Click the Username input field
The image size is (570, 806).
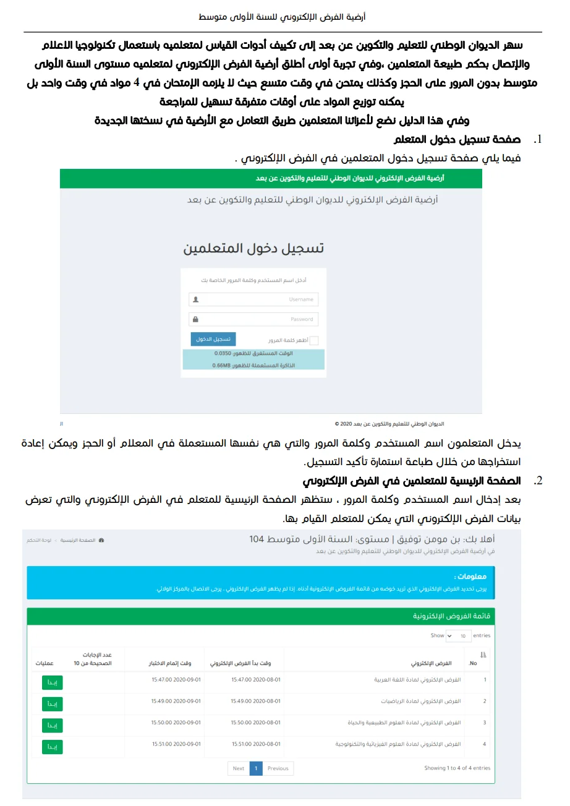pyautogui.click(x=253, y=299)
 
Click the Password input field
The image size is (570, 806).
pyautogui.click(x=253, y=319)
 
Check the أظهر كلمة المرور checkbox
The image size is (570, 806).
pyautogui.click(x=313, y=340)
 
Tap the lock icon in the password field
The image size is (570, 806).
pyautogui.click(x=196, y=319)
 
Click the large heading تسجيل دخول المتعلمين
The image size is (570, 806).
pyautogui.click(x=253, y=249)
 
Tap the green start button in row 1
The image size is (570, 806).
pyautogui.click(x=53, y=682)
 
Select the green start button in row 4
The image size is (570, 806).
pyautogui.click(x=53, y=747)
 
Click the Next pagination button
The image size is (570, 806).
pyautogui.click(x=239, y=768)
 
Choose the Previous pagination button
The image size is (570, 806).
pyautogui.click(x=278, y=768)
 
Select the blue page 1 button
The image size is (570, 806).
pyautogui.click(x=256, y=768)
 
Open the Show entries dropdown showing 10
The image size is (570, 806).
pyautogui.click(x=457, y=635)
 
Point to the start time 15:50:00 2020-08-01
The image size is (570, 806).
pyautogui.click(x=256, y=722)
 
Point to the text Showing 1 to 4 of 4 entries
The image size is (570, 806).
pyautogui.click(x=457, y=768)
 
